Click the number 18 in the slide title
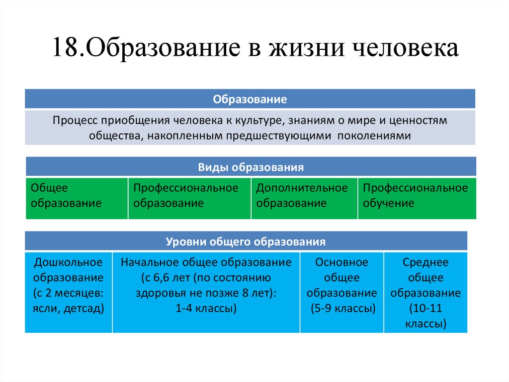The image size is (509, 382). (64, 50)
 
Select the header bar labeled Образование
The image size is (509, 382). (250, 99)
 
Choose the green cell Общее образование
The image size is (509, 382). (77, 198)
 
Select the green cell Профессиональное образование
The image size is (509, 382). (189, 198)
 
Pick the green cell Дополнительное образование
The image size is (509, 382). (304, 198)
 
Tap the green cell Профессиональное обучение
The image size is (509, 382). (416, 198)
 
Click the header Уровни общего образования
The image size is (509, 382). (246, 242)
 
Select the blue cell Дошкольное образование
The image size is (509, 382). (68, 292)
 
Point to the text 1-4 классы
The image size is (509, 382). (206, 309)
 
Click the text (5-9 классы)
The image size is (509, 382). (341, 309)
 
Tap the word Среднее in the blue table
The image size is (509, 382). (425, 262)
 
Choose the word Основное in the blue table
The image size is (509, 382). (341, 262)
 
